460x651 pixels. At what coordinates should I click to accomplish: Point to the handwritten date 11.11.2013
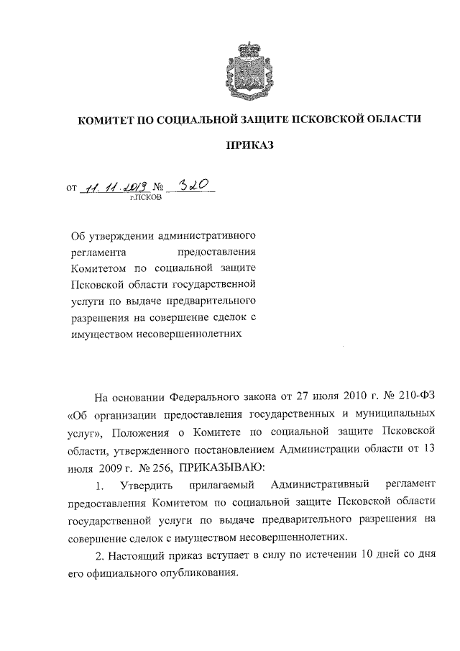tap(114, 186)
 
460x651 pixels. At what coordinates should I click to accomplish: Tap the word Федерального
tap(205, 398)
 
